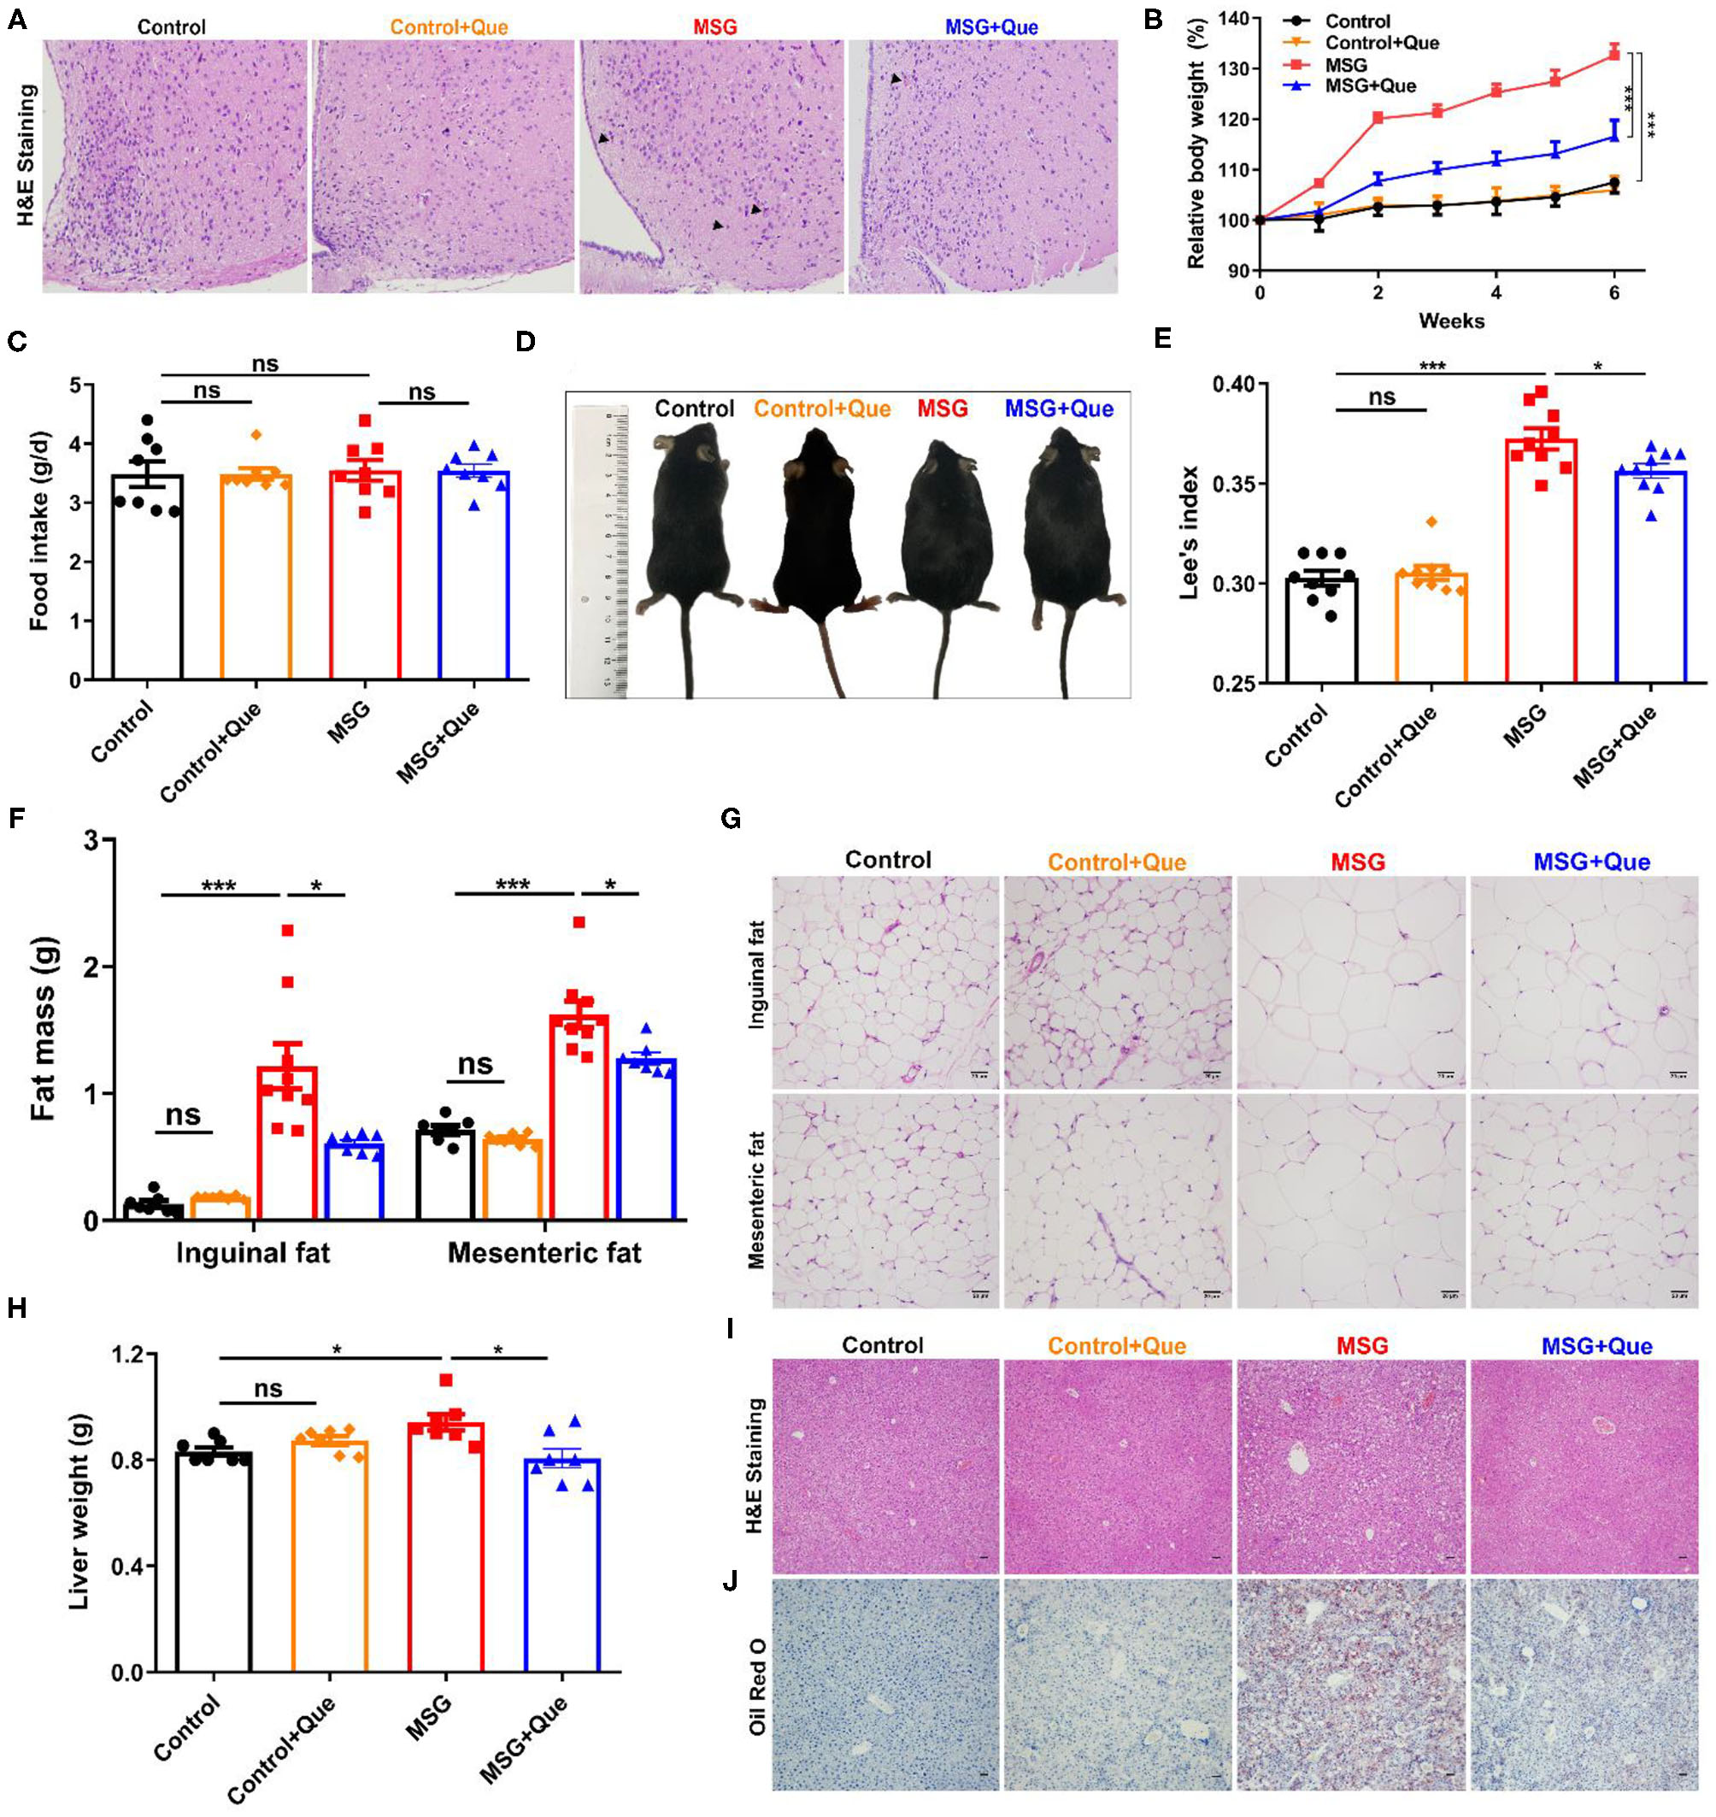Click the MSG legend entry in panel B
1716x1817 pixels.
point(1346,65)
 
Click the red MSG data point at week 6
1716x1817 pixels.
point(1614,53)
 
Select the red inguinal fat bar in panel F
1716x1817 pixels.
point(287,1144)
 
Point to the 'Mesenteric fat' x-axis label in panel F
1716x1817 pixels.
point(544,1253)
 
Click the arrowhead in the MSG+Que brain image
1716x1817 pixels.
point(896,80)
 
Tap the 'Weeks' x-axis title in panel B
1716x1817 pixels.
point(1451,320)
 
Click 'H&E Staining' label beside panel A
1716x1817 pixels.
point(25,156)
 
